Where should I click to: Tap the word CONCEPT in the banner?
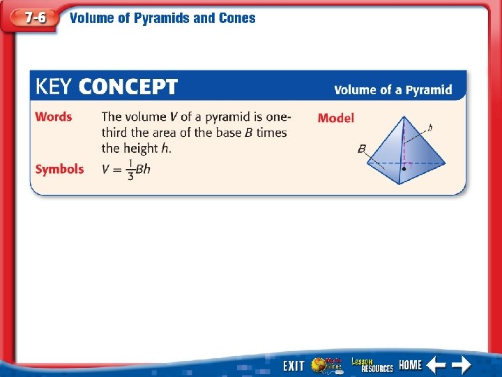[x=128, y=88]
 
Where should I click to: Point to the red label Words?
[x=54, y=117]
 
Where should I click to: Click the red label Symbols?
[x=59, y=169]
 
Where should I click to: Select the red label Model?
[x=335, y=118]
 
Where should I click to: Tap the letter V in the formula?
[x=106, y=170]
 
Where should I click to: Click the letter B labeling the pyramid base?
[x=362, y=149]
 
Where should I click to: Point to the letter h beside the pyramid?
[x=430, y=128]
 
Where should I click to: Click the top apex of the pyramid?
[x=404, y=117]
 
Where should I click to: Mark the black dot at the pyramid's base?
[x=404, y=168]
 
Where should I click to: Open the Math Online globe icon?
[x=325, y=365]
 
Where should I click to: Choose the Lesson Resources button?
[x=372, y=365]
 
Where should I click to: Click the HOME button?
[x=411, y=365]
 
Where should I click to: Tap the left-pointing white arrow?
[x=436, y=364]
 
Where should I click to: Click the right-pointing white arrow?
[x=461, y=364]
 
